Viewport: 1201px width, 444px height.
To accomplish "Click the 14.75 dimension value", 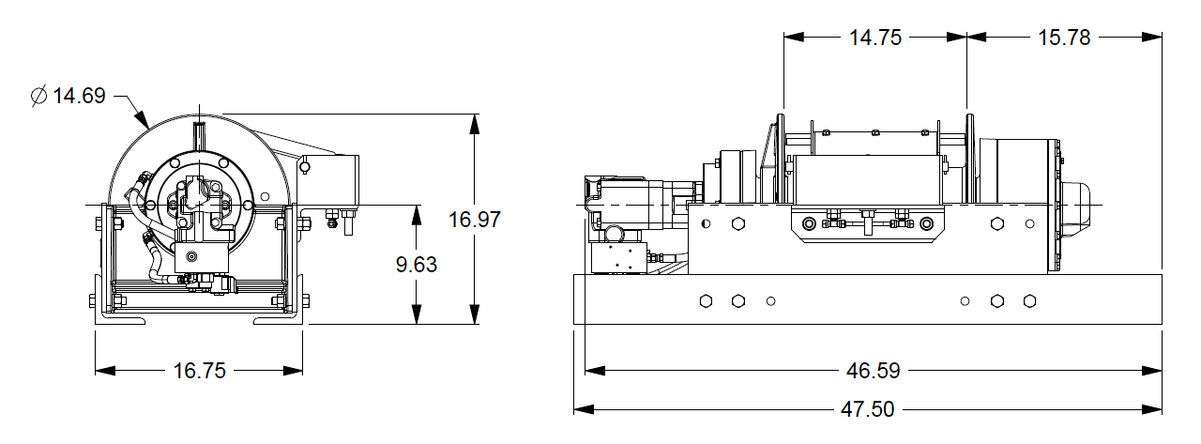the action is [x=875, y=38].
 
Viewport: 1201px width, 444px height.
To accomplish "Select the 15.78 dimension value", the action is [x=1064, y=38].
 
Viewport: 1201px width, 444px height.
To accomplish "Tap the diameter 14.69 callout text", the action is [x=68, y=96].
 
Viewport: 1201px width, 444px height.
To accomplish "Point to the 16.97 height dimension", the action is [x=475, y=220].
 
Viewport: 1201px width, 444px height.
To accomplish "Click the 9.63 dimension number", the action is [x=417, y=265].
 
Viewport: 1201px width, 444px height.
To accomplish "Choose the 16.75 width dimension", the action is [x=200, y=371].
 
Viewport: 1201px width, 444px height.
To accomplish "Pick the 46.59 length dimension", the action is [x=873, y=371].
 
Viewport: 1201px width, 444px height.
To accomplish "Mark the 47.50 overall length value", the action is [x=868, y=409].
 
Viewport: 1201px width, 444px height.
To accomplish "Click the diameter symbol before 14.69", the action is [x=38, y=96].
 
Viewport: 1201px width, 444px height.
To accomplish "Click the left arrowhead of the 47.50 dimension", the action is [x=584, y=409].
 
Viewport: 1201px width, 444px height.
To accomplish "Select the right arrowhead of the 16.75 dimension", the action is [x=293, y=371].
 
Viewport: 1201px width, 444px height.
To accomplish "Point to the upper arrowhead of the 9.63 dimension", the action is [x=417, y=215].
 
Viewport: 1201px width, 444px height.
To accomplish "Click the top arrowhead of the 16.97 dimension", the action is [x=475, y=124].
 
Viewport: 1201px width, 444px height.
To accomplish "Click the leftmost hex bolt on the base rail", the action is [x=707, y=301].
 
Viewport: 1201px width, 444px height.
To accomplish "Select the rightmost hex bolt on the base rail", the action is [x=1029, y=301].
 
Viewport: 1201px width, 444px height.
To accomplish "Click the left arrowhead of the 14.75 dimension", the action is [x=794, y=37].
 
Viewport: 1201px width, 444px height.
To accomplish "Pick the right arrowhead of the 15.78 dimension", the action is [x=1151, y=37].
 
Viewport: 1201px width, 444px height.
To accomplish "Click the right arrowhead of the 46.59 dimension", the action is [x=1151, y=371].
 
